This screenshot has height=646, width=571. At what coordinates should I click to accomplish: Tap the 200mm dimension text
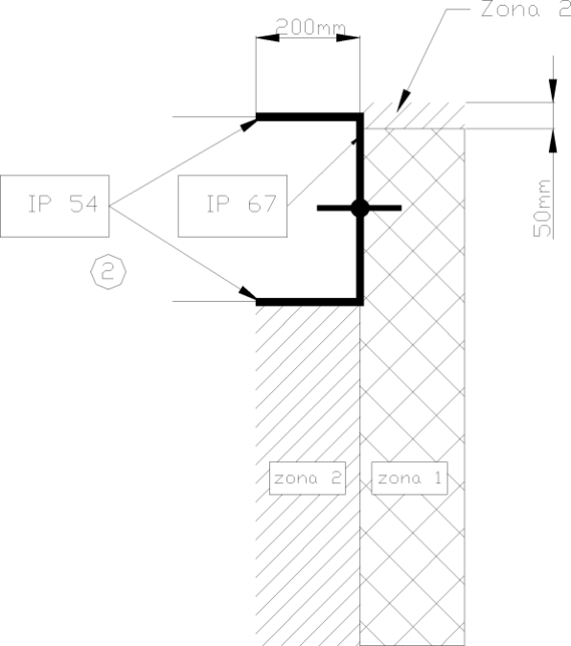[x=310, y=27]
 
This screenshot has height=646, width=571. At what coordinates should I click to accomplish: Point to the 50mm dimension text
[x=541, y=208]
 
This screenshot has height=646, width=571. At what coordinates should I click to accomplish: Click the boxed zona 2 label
[x=308, y=478]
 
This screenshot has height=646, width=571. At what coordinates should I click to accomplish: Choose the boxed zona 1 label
[x=410, y=478]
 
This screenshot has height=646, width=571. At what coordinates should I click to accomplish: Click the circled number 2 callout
[x=108, y=271]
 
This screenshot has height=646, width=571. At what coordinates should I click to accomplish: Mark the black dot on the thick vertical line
[x=360, y=208]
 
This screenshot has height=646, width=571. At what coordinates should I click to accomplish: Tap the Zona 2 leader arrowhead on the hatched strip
[x=403, y=101]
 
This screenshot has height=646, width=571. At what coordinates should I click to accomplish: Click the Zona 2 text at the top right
[x=526, y=9]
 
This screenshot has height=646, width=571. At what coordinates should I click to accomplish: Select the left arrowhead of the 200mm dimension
[x=267, y=38]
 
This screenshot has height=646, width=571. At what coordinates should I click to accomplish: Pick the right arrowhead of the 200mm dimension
[x=349, y=38]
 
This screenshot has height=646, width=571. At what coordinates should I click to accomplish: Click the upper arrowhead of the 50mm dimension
[x=553, y=90]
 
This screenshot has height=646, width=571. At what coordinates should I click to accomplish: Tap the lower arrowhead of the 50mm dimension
[x=553, y=141]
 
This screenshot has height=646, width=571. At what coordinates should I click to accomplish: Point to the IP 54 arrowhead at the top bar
[x=248, y=125]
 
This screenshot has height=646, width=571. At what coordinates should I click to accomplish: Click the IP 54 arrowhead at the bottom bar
[x=247, y=293]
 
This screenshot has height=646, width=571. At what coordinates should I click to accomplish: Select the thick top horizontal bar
[x=309, y=117]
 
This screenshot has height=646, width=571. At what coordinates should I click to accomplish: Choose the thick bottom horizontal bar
[x=309, y=302]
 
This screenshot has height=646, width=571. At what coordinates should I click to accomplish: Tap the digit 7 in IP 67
[x=269, y=203]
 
